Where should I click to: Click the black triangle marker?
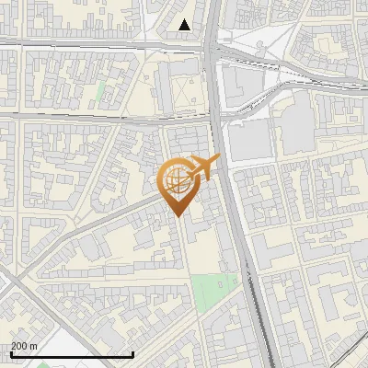(x=185, y=25)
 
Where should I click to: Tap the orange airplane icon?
(x=203, y=168)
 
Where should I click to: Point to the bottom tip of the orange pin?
(x=177, y=216)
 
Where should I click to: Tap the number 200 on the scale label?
(x=19, y=345)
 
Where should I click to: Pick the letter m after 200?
(x=34, y=345)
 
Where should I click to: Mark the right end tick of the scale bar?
(x=133, y=352)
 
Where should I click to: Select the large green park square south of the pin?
(x=214, y=293)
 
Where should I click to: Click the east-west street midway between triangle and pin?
(x=120, y=118)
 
